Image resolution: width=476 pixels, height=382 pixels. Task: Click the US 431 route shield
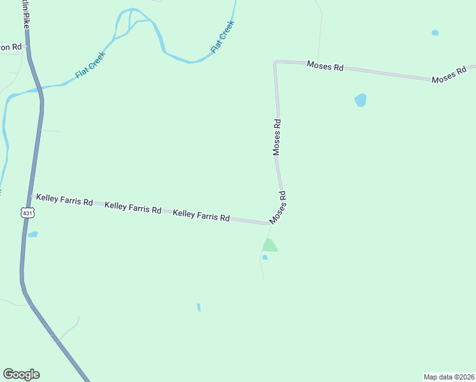pos(27,213)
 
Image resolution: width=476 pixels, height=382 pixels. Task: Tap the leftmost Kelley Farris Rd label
pos(64,200)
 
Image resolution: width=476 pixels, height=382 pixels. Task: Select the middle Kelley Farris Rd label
pos(133,207)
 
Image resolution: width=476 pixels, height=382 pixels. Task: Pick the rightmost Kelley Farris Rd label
pos(201,216)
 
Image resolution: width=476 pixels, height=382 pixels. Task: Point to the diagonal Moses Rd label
pos(278,208)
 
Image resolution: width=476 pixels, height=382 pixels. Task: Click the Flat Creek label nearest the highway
pos(90,65)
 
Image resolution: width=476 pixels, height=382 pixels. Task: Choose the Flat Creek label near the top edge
pos(223,37)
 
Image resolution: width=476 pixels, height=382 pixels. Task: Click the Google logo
pos(21,374)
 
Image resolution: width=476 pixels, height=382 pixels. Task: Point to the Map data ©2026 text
pos(448,376)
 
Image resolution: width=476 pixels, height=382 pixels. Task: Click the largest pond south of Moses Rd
pos(361,100)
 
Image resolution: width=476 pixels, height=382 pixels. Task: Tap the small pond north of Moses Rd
pos(435,32)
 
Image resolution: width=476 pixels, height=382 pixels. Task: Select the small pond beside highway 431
pos(32,234)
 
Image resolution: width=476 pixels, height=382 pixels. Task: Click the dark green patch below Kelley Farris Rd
pos(269,246)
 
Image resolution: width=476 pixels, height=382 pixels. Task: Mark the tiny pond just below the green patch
pos(265,257)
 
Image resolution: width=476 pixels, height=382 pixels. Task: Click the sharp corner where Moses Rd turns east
pos(276,62)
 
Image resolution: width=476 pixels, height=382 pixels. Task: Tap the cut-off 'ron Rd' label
pos(11,47)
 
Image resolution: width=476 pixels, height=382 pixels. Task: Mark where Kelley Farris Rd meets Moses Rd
pos(269,223)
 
